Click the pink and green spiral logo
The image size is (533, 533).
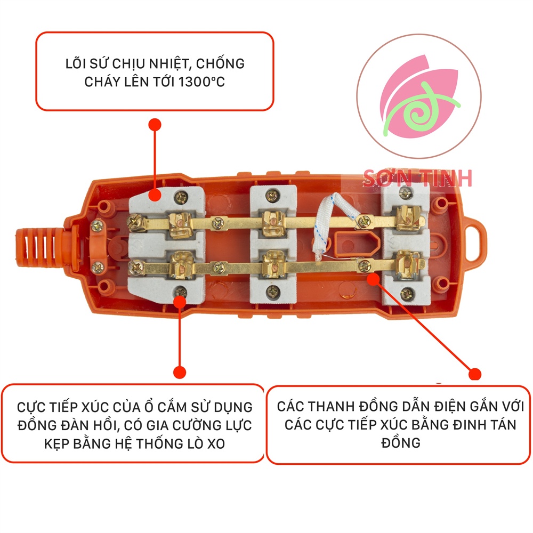pyautogui.click(x=419, y=96)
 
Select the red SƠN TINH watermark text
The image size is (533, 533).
pyautogui.click(x=417, y=178)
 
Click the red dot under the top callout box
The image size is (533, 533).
pyautogui.click(x=155, y=125)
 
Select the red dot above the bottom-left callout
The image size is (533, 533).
pyautogui.click(x=180, y=372)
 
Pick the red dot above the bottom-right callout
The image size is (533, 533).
pyautogui.click(x=474, y=374)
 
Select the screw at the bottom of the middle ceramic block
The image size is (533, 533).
pyautogui.click(x=274, y=291)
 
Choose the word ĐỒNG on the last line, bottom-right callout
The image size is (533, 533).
pyautogui.click(x=401, y=443)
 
